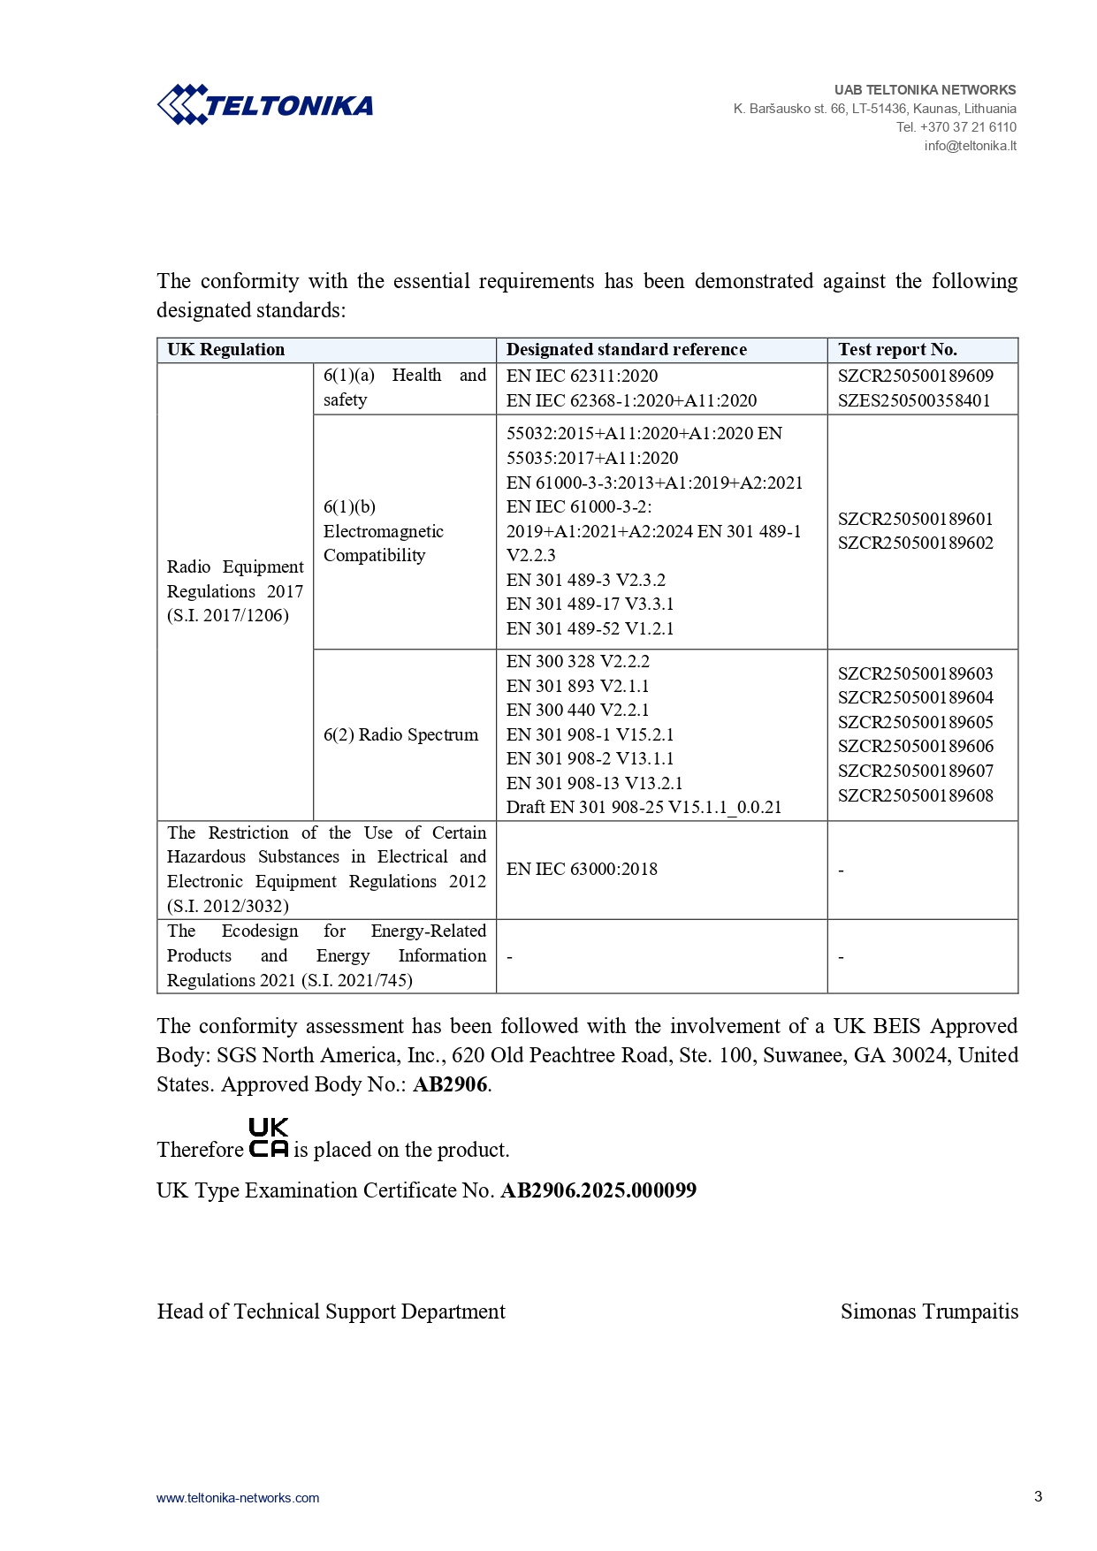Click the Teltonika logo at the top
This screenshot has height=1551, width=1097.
click(264, 105)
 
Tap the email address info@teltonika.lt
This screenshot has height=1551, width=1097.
click(970, 146)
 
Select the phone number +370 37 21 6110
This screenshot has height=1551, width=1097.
click(968, 127)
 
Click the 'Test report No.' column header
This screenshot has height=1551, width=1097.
click(897, 350)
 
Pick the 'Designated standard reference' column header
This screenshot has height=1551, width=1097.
click(626, 350)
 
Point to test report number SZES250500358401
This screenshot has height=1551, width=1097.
click(914, 400)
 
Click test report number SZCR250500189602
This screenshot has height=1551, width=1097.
click(915, 543)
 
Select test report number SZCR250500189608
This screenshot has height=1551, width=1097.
click(915, 795)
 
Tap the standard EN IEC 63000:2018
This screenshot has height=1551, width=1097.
click(582, 869)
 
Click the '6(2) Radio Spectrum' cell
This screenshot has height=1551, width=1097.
click(400, 734)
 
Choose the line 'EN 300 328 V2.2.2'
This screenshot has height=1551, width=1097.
click(577, 661)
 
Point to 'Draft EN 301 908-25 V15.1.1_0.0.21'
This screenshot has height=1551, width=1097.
click(644, 807)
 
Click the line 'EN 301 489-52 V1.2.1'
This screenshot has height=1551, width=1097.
click(590, 628)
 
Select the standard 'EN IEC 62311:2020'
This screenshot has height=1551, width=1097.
click(582, 376)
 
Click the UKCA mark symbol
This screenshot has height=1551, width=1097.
click(268, 1138)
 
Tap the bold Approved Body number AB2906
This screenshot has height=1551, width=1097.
click(450, 1084)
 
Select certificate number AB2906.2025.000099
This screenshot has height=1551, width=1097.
click(598, 1190)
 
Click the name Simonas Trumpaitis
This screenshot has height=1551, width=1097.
click(929, 1312)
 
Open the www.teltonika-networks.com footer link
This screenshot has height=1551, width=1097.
click(238, 1498)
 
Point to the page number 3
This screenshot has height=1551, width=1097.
click(1038, 1496)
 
